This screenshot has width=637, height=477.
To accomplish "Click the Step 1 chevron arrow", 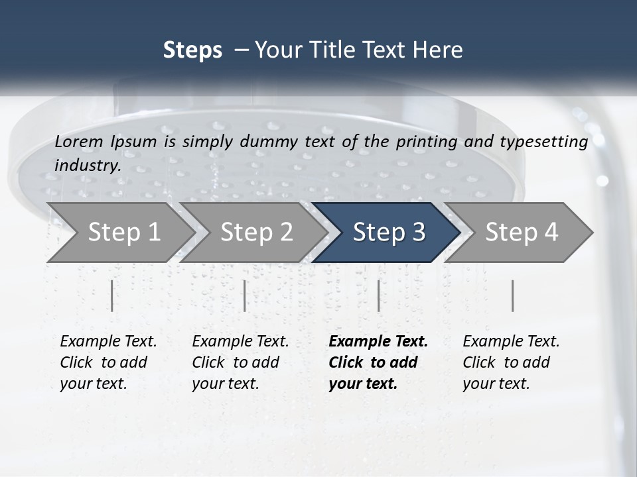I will point(123,233).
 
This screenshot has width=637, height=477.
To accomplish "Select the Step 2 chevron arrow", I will point(256,233).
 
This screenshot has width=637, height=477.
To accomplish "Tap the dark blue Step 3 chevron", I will point(388,233).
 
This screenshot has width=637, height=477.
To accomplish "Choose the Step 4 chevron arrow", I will point(521,233).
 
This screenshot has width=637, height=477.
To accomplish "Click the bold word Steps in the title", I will point(192,50).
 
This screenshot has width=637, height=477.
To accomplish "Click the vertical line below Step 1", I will point(111,295).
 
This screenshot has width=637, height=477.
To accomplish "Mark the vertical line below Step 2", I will point(245,295).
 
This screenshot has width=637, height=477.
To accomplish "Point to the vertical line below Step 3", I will point(378,295).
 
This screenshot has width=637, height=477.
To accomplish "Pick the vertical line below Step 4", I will point(512,295).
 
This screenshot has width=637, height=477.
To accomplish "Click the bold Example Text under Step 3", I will point(378,342).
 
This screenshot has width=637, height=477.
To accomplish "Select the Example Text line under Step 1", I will point(108,342).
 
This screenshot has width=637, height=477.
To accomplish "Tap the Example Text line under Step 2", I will point(240,342).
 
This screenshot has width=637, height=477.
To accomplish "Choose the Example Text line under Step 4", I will point(511,342).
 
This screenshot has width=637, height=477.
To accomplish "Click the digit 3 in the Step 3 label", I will point(418,233).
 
